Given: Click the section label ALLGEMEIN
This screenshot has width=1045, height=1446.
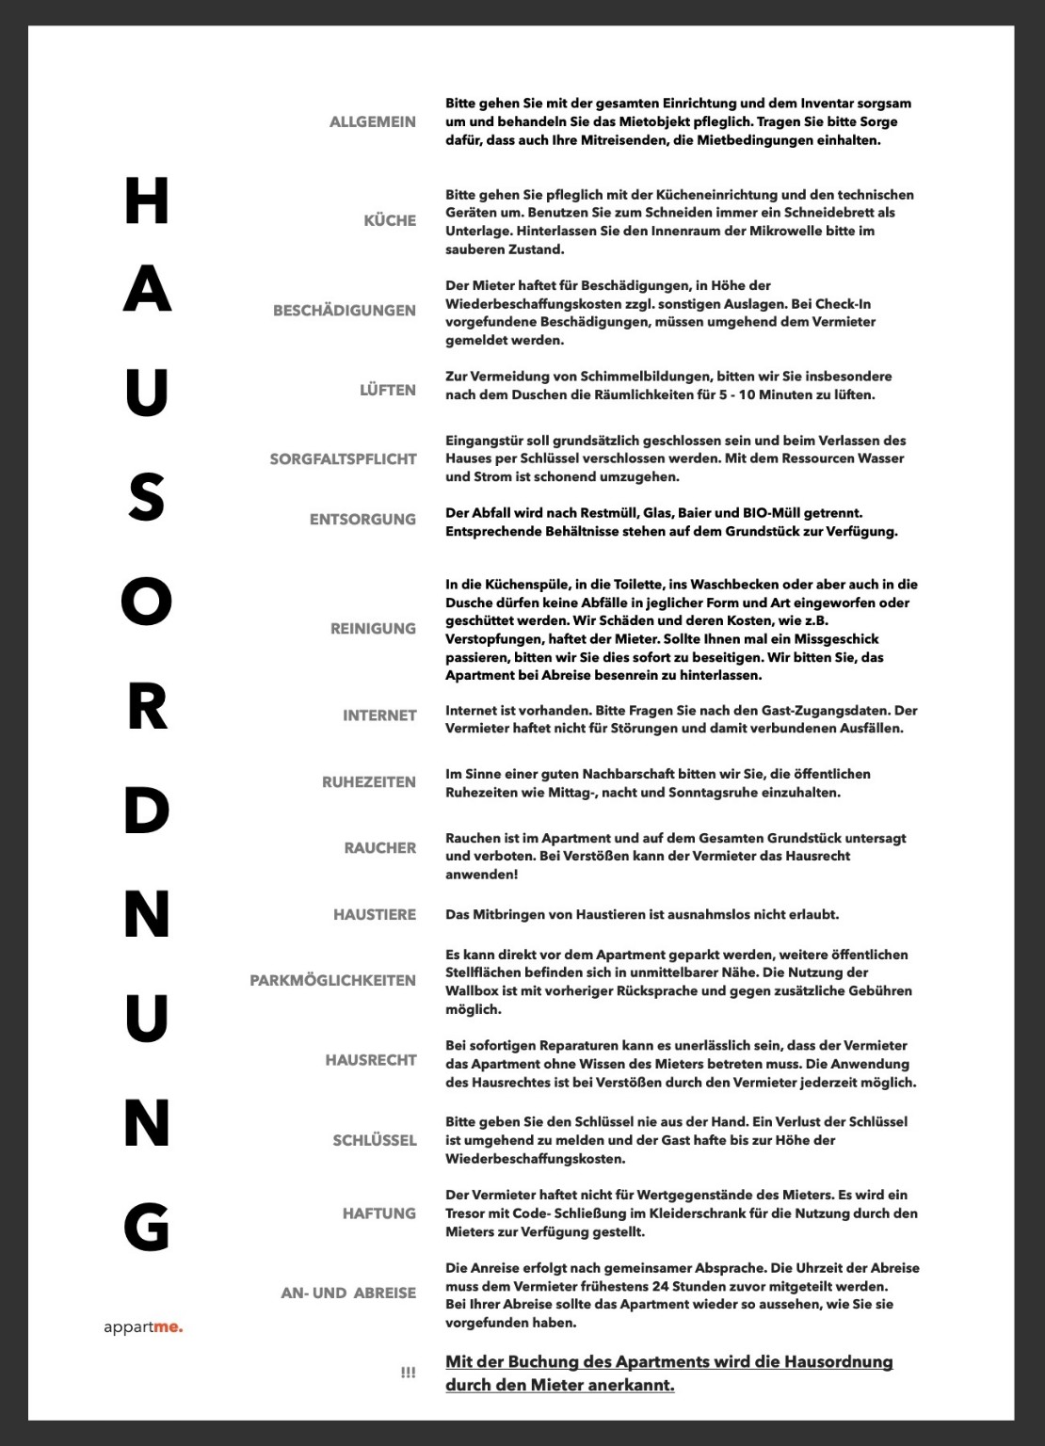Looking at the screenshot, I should tap(372, 121).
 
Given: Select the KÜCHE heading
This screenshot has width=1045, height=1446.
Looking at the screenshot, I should tap(390, 220).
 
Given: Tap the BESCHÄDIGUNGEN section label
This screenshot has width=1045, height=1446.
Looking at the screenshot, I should tap(344, 311).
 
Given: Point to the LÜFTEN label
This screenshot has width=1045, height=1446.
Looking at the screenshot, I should tap(387, 390).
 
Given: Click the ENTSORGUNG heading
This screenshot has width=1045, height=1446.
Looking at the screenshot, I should tap(362, 519).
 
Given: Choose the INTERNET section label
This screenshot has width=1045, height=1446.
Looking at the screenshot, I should tap(378, 715).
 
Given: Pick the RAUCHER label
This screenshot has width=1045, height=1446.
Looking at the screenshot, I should tap(379, 847).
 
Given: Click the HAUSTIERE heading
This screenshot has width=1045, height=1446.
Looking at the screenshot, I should tap(374, 914).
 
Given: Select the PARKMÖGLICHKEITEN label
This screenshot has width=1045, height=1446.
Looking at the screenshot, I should tap(332, 980).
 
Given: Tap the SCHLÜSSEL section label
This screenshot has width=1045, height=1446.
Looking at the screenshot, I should tap(374, 1140).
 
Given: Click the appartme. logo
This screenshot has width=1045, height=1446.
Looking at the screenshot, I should tap(143, 1327).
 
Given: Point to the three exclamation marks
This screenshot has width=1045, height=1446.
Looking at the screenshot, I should tap(408, 1374).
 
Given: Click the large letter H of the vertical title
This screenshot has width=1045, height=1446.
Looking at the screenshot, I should tap(147, 201).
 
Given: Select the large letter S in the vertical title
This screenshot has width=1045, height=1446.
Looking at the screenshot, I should tap(147, 497).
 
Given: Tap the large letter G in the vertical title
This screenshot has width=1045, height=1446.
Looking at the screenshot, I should tap(147, 1227).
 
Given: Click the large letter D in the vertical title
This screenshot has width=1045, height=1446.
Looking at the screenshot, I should tap(147, 811).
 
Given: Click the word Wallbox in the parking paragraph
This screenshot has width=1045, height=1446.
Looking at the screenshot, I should tap(472, 990).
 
